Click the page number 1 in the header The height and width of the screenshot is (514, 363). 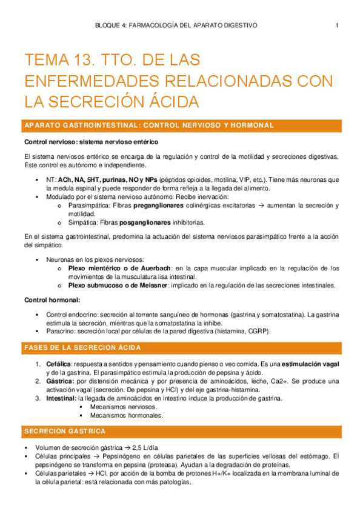coord(337,25)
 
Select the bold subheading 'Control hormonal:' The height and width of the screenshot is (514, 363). coord(52,300)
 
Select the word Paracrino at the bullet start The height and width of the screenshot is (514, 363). coord(62,332)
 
